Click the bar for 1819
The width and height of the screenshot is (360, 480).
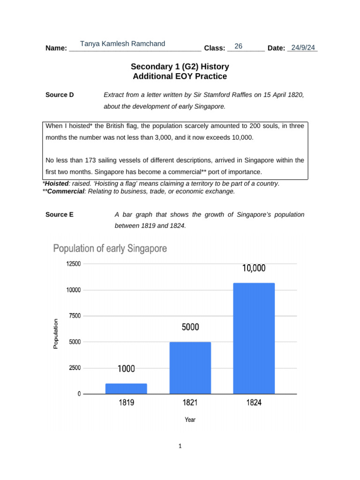tap(126, 389)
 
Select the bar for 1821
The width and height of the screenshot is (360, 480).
tap(190, 368)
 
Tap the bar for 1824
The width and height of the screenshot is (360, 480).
tap(254, 338)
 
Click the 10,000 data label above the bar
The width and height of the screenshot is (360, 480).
tap(254, 269)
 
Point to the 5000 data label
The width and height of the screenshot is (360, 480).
tap(190, 327)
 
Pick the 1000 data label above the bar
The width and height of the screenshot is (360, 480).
tap(126, 369)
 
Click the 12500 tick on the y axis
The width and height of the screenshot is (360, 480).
tap(72, 264)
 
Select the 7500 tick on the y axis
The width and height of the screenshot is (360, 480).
tap(74, 316)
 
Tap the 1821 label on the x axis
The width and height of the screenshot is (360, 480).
tap(190, 402)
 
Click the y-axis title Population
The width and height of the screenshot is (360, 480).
tap(56, 334)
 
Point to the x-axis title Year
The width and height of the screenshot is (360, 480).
tap(190, 420)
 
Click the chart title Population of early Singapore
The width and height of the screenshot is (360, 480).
tap(110, 248)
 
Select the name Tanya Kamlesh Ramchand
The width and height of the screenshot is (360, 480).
tap(122, 44)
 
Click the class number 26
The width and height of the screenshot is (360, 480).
tap(238, 46)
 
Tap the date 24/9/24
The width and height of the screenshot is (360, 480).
tap(302, 48)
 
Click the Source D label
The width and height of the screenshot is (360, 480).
tap(60, 95)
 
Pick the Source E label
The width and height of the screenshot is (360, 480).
tap(60, 215)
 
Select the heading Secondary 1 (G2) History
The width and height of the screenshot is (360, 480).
tap(180, 67)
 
